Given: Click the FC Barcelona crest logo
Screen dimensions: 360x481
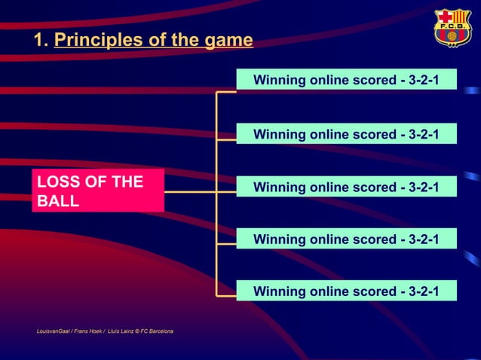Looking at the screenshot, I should pos(452,28).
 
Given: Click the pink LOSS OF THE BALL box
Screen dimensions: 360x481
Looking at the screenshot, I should pos(98,191).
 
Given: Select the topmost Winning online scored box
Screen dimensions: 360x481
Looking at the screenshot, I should pos(346,79).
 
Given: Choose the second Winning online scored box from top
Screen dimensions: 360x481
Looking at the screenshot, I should pos(346,134).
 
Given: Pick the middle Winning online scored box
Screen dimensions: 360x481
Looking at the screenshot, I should pos(346,186).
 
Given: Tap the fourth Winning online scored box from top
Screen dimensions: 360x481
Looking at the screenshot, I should pos(346,239).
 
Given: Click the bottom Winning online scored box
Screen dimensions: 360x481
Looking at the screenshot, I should pos(346,291).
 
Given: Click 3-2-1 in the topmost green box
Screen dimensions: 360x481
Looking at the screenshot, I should pos(423,79).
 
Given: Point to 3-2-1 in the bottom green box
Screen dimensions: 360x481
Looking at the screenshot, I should pos(423,291).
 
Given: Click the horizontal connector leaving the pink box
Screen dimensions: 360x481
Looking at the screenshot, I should pos(189,192).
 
